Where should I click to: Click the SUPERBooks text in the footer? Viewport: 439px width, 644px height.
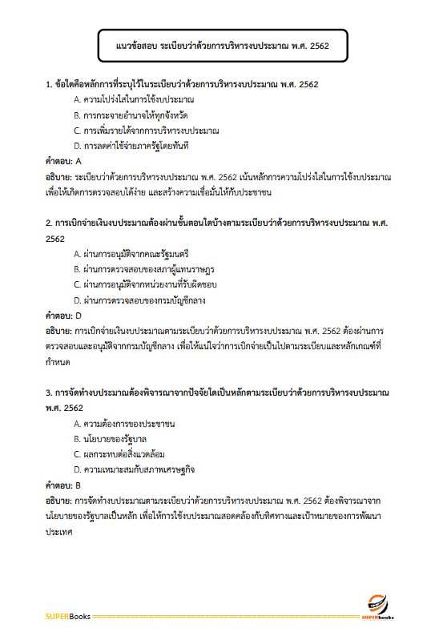67,616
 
